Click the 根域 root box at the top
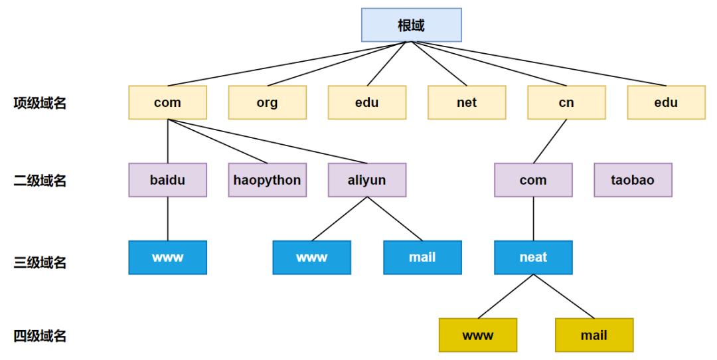pos(411,25)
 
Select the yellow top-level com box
pos(167,102)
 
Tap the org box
pos(267,102)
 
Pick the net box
pos(466,102)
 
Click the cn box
pos(566,102)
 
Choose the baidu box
pos(167,180)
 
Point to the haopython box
pos(267,180)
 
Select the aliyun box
pos(366,180)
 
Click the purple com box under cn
pos(533,180)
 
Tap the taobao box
pos(633,180)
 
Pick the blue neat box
pos(533,257)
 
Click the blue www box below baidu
pos(167,257)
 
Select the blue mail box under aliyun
pos(422,257)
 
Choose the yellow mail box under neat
pos(594,335)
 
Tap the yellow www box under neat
pos(477,335)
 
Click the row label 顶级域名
pos(40,103)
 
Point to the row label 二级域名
pos(40,181)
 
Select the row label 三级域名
pos(40,262)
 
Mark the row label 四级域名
pos(40,336)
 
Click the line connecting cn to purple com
pos(550,141)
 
